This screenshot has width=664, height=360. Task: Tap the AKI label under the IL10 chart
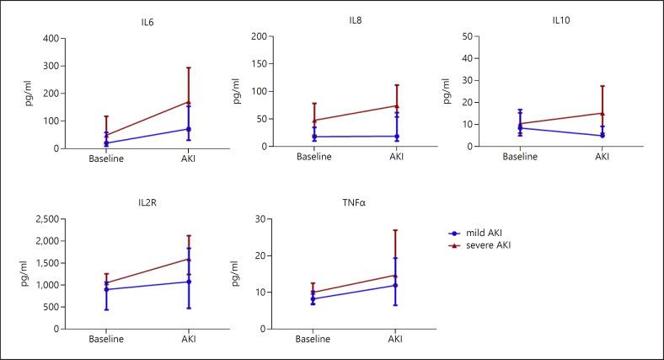[602, 157]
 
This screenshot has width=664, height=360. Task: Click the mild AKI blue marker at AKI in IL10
[602, 136]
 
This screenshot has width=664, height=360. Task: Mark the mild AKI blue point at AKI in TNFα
[395, 285]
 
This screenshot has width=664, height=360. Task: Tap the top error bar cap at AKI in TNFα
[395, 230]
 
